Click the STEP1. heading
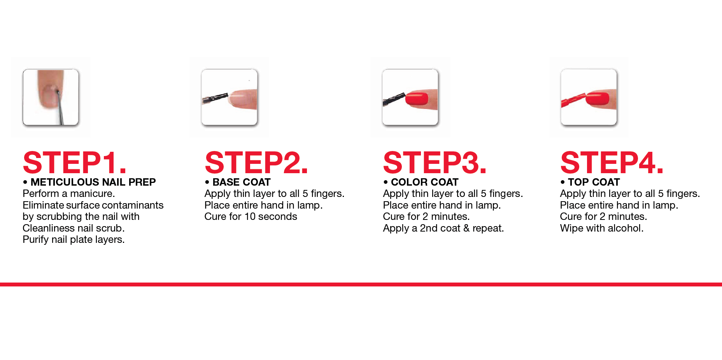pos(75,163)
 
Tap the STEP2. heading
pos(256,163)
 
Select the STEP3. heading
pos(435,163)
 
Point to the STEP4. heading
pos(612,163)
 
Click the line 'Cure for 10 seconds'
pos(251,216)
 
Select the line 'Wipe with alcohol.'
pos(602,228)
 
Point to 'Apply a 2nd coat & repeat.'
pos(443,228)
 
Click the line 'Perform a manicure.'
pos(69,193)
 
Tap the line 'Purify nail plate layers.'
pos(74,239)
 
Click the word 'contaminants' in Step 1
pos(133,205)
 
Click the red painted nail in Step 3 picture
pos(417,98)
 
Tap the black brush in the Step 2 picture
pos(215,98)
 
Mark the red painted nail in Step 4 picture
pos(598,98)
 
